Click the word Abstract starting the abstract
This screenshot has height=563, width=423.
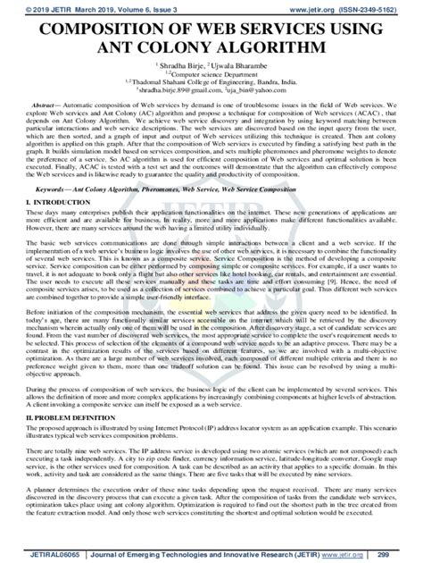click(46, 105)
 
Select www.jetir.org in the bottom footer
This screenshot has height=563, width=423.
click(366, 554)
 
